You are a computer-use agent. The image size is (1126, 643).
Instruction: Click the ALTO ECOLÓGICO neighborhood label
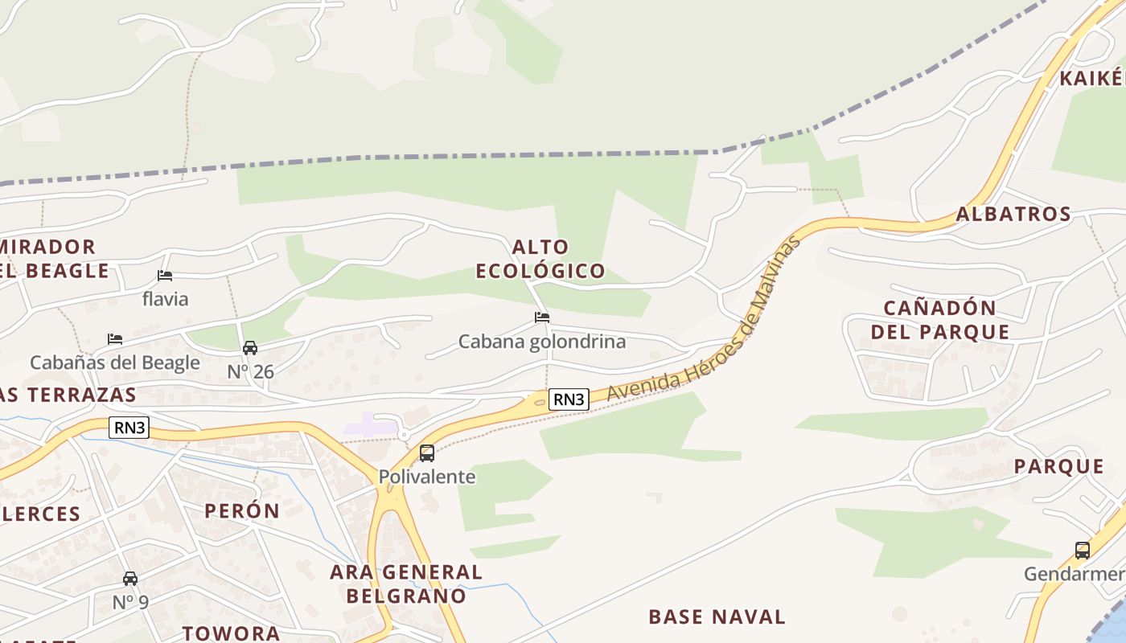540,259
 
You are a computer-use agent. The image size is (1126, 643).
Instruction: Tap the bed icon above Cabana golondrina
542,317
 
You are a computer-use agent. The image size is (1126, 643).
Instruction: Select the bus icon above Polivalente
427,453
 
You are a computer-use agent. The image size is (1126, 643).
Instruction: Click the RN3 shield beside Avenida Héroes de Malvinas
569,399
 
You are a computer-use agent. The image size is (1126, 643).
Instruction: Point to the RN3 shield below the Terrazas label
129,427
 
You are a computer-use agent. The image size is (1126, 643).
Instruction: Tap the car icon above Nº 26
250,348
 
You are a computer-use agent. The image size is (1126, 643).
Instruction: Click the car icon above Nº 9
130,579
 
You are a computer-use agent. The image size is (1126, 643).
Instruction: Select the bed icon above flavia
165,276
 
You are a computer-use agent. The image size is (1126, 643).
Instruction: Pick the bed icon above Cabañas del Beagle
115,339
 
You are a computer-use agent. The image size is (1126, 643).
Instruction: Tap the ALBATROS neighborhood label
1013,214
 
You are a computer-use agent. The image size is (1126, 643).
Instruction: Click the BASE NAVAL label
717,616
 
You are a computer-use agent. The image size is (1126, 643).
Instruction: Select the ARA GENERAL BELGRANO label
406,584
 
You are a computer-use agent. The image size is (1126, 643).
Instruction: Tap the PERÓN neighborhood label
241,510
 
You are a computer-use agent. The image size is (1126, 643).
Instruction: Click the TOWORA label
231,633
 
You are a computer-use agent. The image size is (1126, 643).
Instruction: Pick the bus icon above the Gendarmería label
1083,551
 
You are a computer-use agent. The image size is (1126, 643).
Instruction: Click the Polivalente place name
427,477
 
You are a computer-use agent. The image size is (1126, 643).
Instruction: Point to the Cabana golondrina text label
542,342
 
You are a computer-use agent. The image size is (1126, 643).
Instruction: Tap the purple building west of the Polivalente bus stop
369,425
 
